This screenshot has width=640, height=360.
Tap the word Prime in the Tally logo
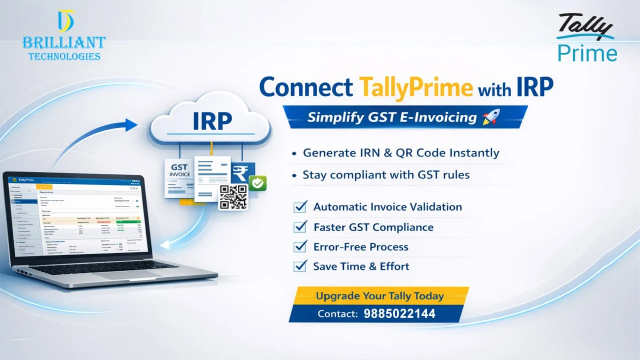587,53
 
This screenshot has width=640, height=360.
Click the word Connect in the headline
305,87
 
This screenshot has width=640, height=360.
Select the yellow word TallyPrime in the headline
415,87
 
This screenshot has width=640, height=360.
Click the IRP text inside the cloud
212,121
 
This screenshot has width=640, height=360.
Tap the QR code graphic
233,197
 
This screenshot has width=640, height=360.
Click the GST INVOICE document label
180,171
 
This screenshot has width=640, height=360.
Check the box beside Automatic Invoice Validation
300,206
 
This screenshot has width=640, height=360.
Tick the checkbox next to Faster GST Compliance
300,226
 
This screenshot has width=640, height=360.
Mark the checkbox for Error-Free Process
300,246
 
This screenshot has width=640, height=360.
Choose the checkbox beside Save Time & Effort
300,266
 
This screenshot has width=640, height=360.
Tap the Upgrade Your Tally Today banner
379,296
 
